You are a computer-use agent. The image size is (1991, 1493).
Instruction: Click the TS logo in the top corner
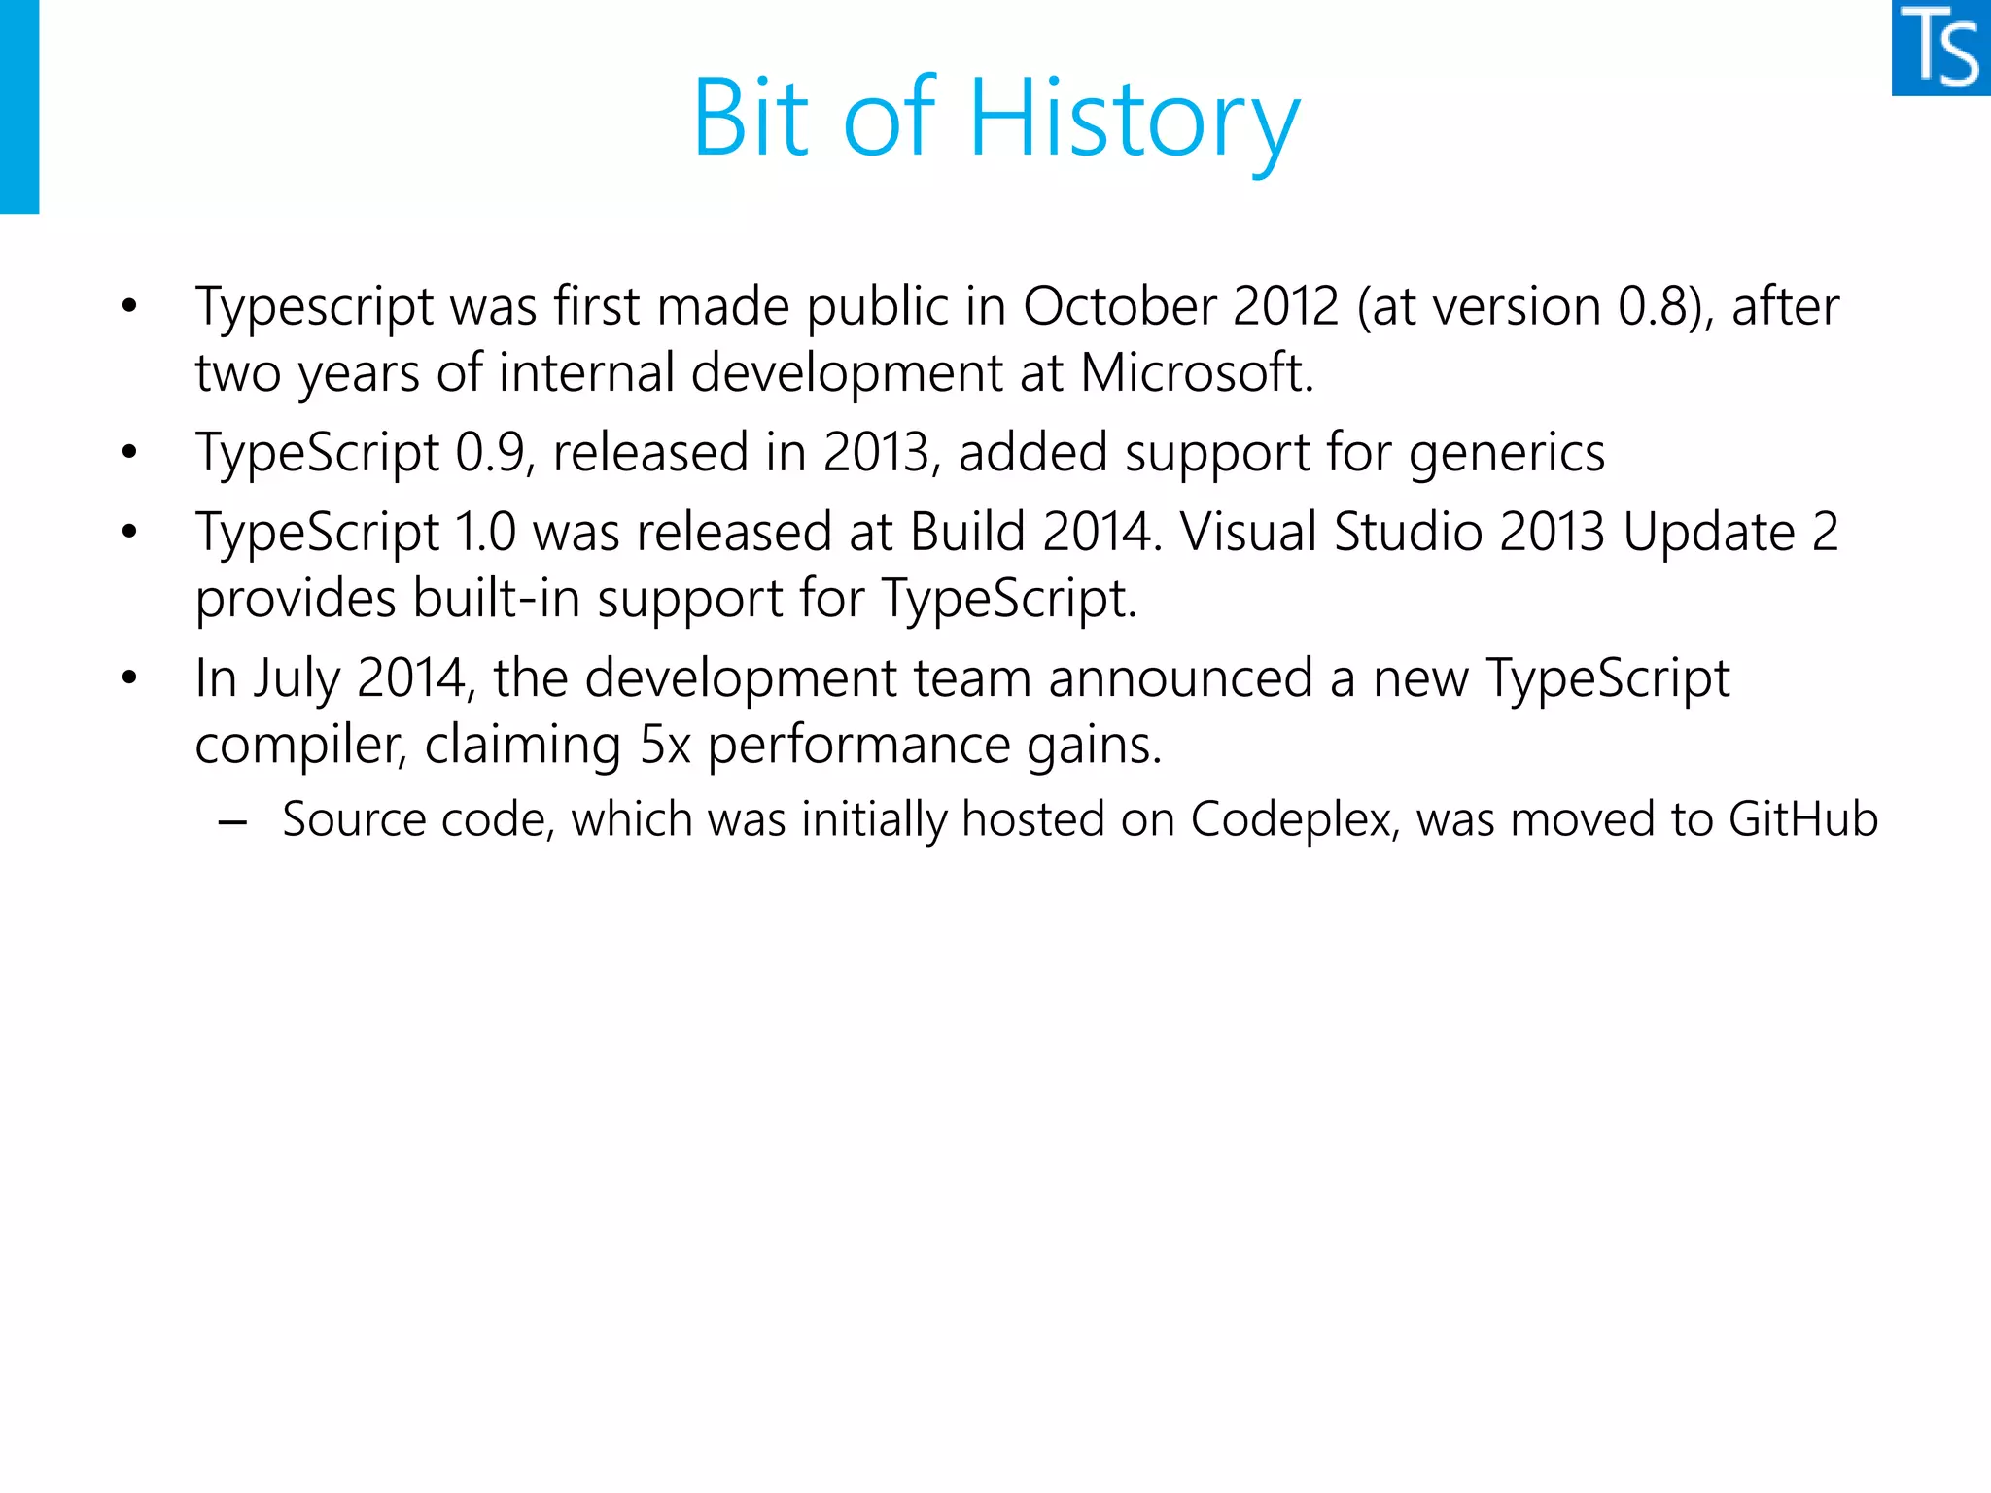pos(1941,48)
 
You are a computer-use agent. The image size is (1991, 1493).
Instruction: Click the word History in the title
pos(1135,119)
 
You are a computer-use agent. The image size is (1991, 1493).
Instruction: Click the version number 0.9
pos(491,453)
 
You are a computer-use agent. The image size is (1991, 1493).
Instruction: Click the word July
pos(296,679)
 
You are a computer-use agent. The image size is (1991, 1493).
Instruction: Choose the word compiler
pos(299,746)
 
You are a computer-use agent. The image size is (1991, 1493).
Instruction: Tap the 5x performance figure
pos(665,746)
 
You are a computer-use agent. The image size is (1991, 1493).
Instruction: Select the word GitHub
pos(1803,819)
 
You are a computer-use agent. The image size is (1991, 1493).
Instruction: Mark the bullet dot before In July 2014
pos(129,677)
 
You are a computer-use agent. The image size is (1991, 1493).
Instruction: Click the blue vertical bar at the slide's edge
pos(19,106)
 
